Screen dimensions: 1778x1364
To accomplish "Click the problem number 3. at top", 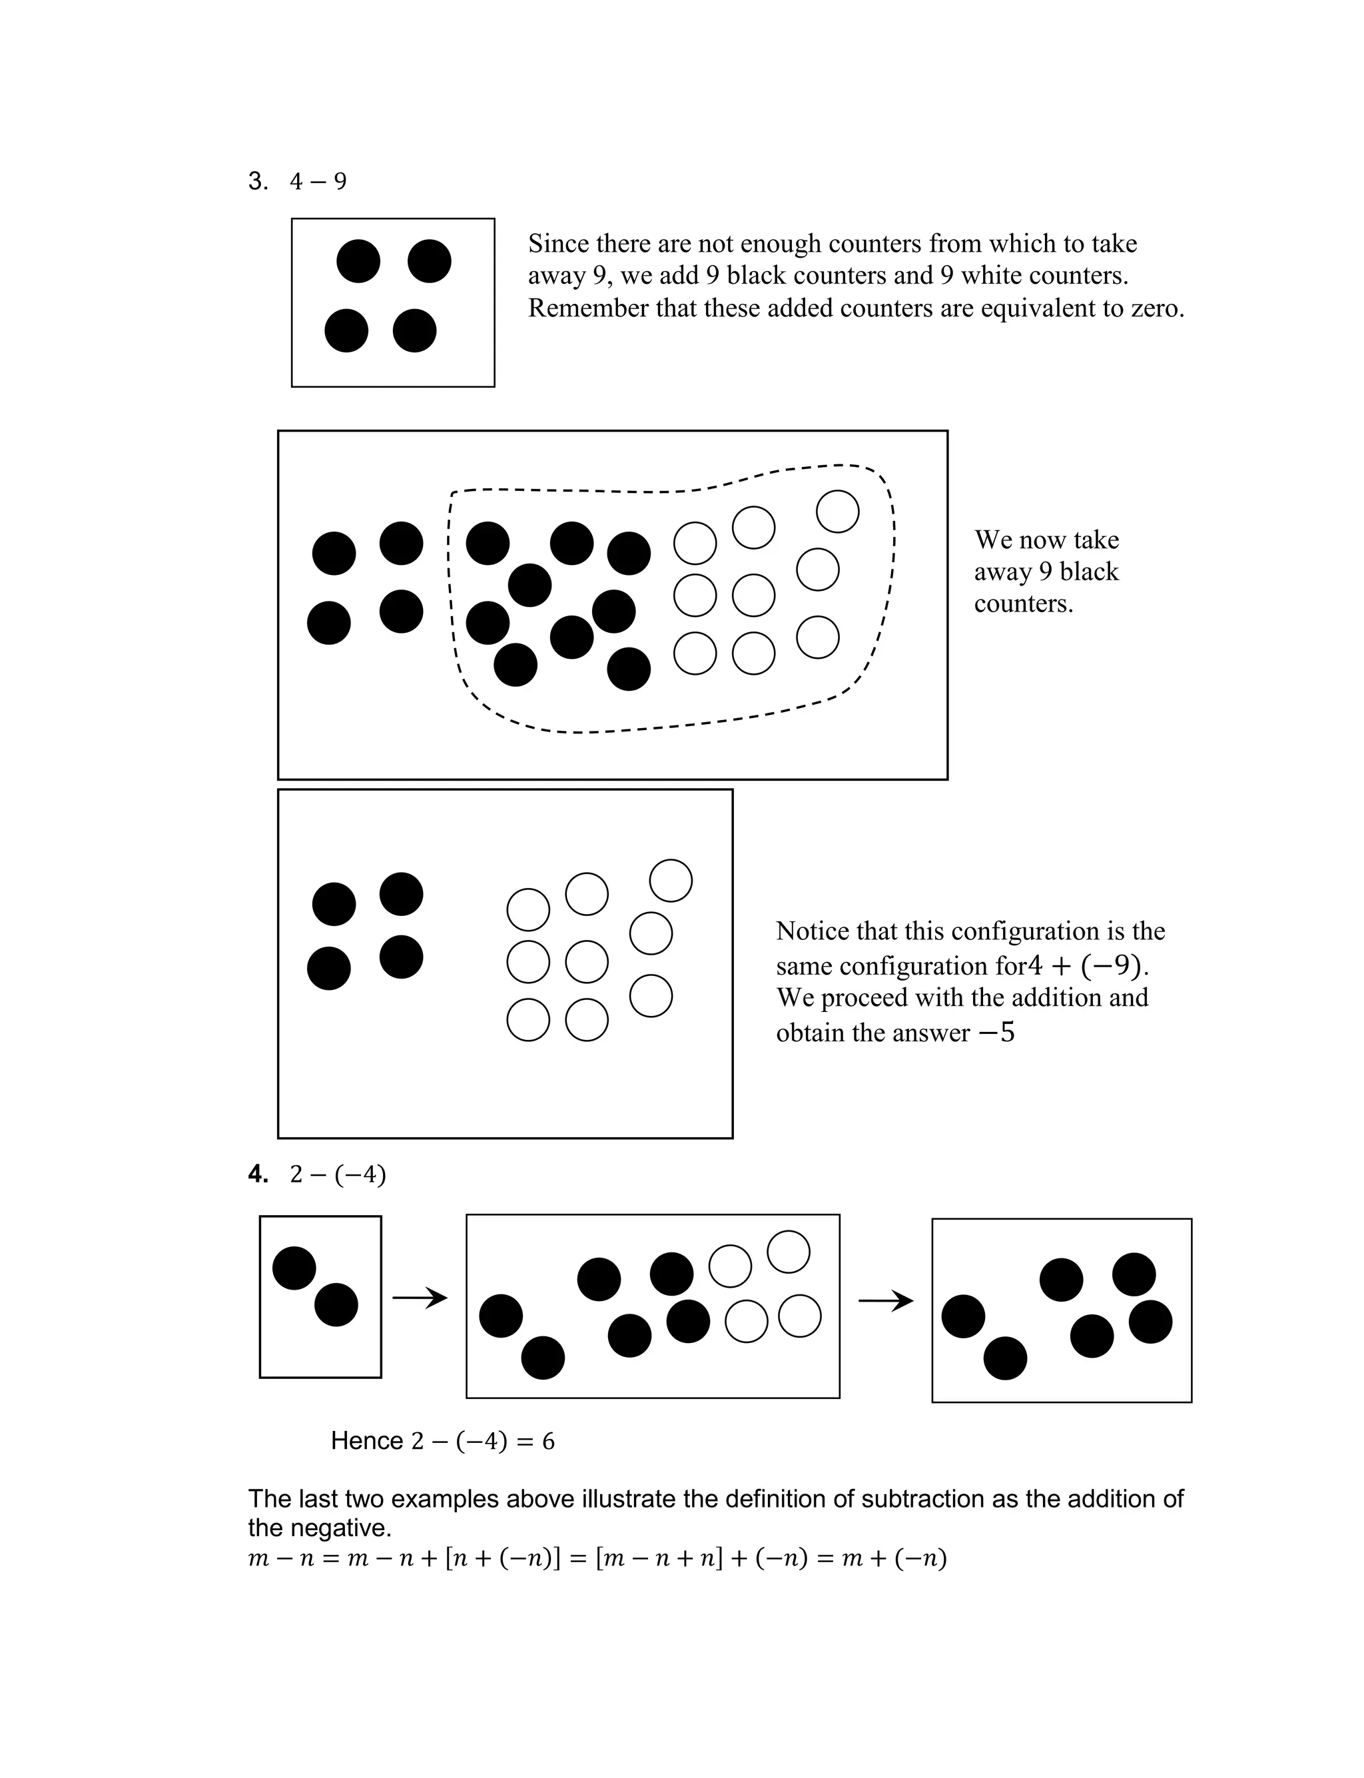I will click(x=258, y=181).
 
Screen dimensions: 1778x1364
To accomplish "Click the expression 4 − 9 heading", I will click(x=318, y=182).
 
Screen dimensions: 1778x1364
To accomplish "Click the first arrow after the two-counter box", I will click(x=420, y=1298).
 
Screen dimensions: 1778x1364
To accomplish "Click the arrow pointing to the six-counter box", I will click(x=886, y=1302).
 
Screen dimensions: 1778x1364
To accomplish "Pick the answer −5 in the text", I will click(x=996, y=1033).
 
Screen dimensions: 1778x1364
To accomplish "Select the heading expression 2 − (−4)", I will click(x=338, y=1174).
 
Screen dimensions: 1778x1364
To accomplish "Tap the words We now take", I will click(x=1046, y=540).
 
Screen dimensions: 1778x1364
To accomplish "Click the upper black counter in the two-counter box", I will click(x=294, y=1267).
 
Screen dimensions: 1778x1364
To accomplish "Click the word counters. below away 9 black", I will click(x=1023, y=604).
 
